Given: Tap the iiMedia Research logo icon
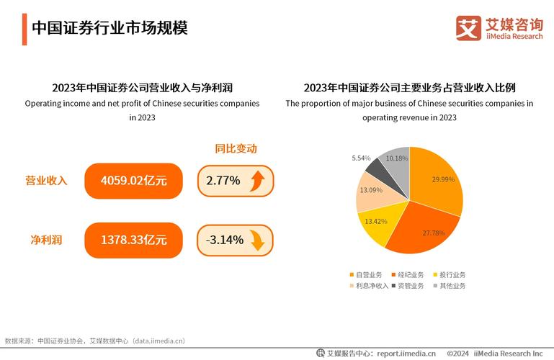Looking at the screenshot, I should coord(469,28).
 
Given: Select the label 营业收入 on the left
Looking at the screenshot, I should coord(46,181).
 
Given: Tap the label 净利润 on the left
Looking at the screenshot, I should coord(46,240).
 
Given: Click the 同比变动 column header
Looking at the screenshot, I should coord(236,149).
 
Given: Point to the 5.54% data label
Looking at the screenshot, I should coord(361,158).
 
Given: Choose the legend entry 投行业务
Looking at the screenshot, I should coord(450,274).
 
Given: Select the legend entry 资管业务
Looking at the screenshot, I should coord(408,286).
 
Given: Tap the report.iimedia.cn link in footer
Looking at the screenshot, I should coord(406,354).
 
